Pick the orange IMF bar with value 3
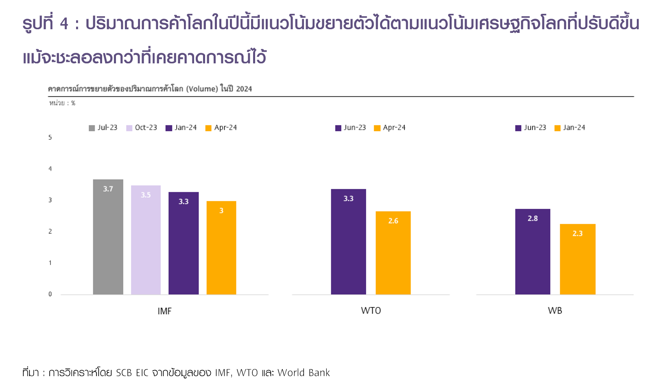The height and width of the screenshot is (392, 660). point(221,247)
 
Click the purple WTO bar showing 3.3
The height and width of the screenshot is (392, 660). point(348,242)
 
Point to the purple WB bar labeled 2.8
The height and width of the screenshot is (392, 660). point(533,251)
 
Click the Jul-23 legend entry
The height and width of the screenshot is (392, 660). point(103,128)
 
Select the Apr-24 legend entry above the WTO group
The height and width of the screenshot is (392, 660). point(390,128)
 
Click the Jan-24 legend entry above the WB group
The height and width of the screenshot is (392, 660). point(570,128)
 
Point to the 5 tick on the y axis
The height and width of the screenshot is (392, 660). point(50,137)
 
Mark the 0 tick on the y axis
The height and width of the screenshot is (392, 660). point(50,294)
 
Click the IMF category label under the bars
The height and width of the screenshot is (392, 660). point(164,311)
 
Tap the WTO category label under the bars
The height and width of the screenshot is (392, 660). point(371,311)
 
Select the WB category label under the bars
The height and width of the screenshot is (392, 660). point(555,311)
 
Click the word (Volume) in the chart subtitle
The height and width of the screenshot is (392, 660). point(202,89)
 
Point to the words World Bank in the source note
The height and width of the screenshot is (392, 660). point(304,373)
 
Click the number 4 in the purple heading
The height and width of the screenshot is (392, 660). point(64,24)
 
